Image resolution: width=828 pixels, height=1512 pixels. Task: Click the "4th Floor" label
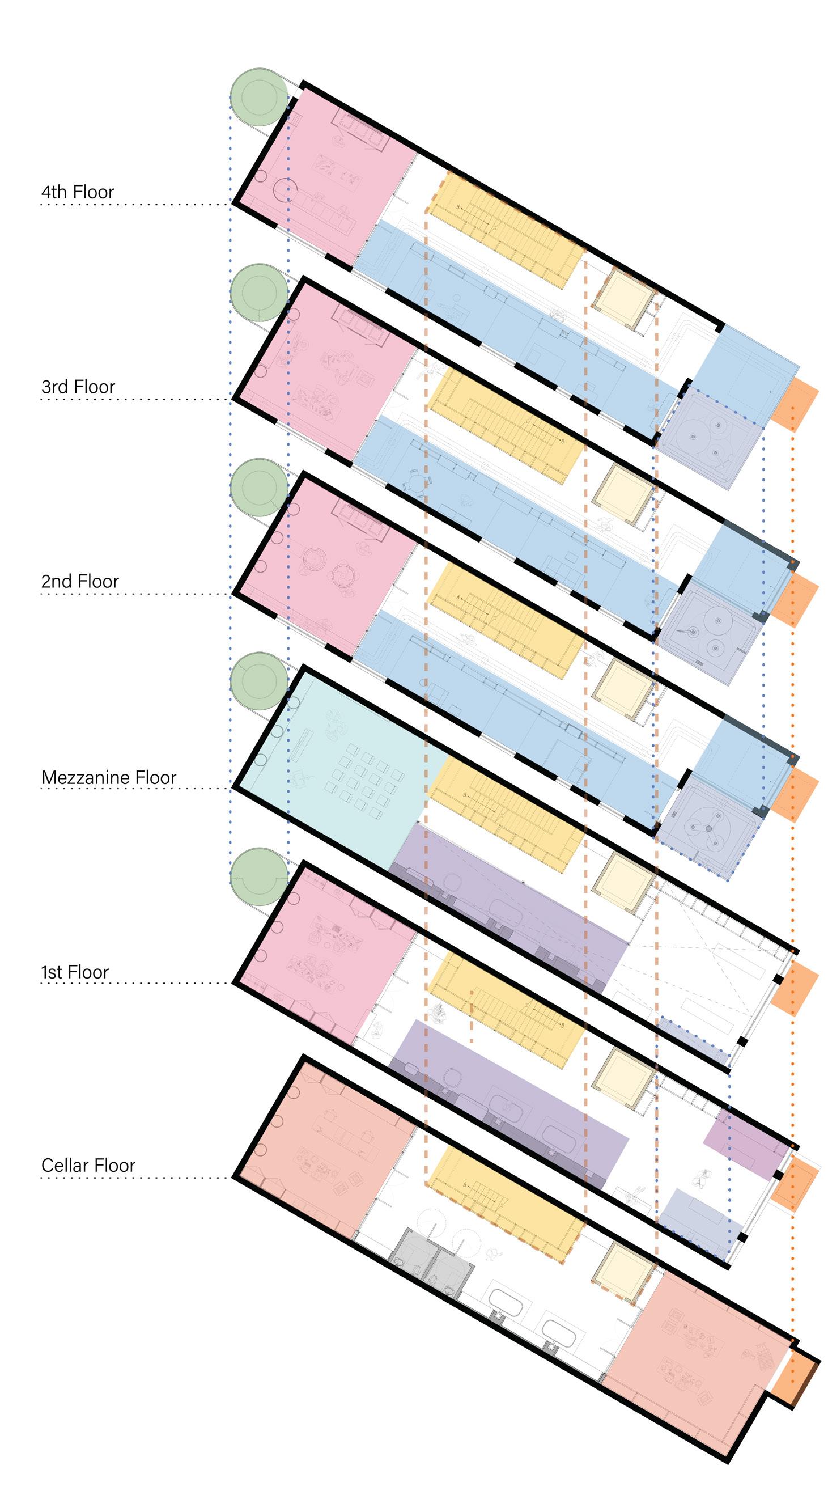coord(78,192)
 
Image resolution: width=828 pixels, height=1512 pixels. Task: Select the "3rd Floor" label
coord(78,387)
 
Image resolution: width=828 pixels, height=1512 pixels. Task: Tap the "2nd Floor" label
coord(80,581)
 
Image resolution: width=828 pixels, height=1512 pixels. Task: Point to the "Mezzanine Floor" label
coord(109,777)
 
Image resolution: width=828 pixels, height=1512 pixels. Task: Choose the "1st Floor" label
coord(75,972)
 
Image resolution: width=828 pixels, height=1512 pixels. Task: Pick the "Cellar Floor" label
coord(88,1165)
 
